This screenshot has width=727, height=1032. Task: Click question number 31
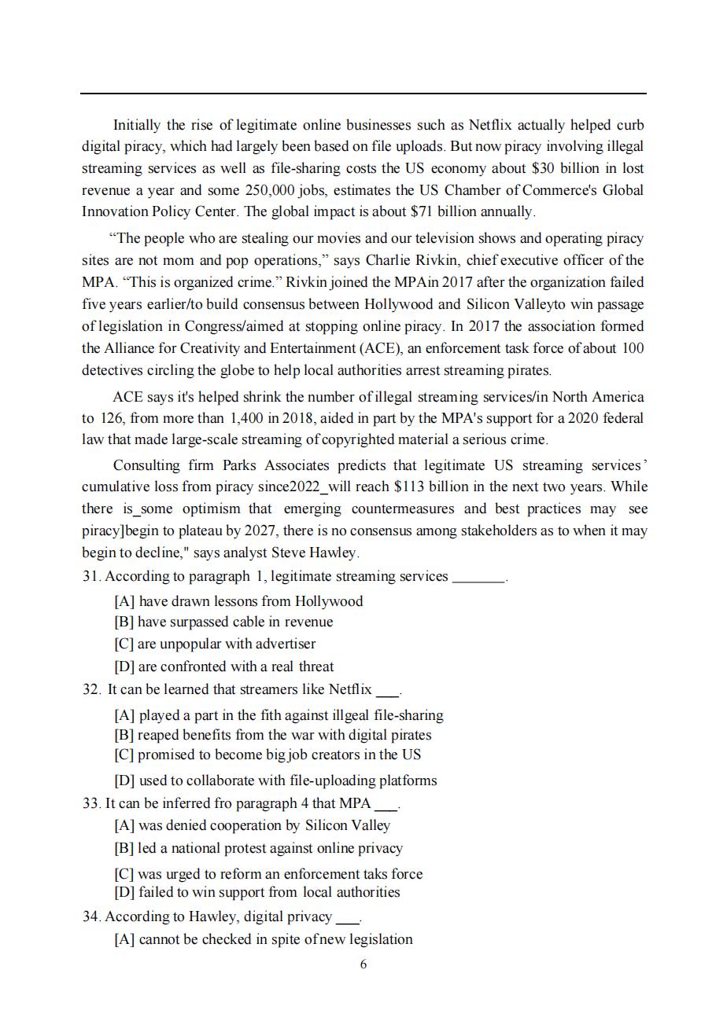[x=91, y=577]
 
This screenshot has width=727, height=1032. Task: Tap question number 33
[x=91, y=804]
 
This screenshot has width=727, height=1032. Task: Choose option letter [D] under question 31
[x=124, y=667]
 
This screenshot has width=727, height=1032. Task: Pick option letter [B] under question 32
[x=124, y=736]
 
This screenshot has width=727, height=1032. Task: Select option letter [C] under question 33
[x=124, y=874]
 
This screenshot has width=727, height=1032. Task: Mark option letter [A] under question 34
[x=124, y=940]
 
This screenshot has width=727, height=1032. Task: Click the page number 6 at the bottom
[x=363, y=964]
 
